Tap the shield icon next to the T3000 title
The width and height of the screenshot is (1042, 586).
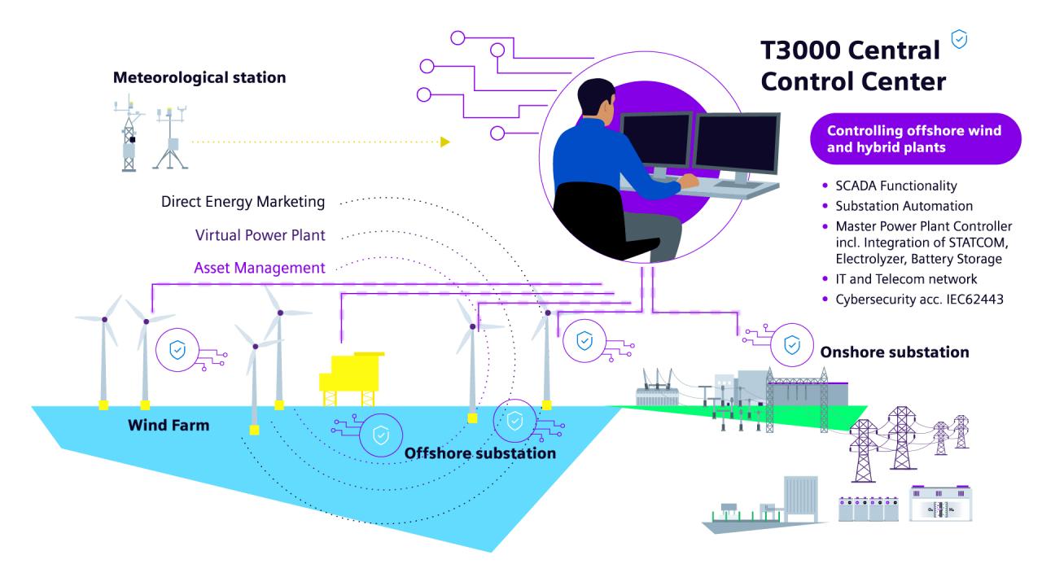pos(960,40)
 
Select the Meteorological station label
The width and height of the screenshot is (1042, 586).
pos(199,78)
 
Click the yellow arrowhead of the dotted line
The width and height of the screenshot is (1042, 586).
pos(444,142)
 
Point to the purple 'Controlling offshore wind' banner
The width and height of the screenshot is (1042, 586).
pos(914,138)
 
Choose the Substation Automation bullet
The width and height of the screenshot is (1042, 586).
pos(904,206)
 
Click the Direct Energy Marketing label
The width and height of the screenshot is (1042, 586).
pos(243,202)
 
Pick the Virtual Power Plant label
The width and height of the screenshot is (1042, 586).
pos(260,235)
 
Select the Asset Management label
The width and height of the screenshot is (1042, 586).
pos(260,268)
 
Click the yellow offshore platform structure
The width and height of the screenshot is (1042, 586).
pos(350,378)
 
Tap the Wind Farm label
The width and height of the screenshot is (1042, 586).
pos(168,425)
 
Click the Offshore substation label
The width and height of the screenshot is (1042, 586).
pos(480,453)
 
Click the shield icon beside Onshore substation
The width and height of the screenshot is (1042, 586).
pos(791,345)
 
